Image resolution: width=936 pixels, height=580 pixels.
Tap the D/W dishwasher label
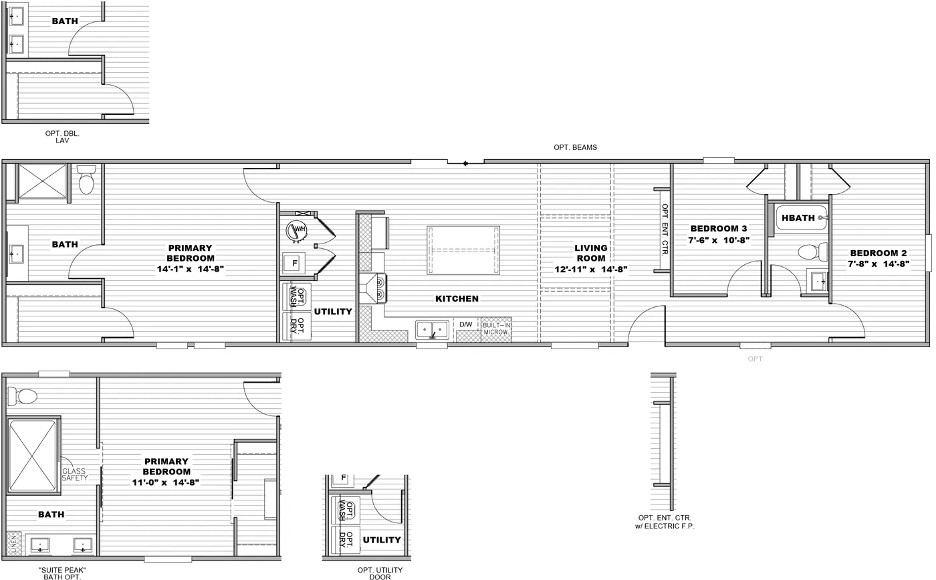pos(465,324)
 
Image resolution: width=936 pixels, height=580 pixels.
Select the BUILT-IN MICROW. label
pos(496,328)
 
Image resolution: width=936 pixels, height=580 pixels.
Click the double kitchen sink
pos(432,329)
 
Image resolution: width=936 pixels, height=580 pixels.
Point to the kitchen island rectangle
pos(463,250)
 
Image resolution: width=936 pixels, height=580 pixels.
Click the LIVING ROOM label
pos(590,253)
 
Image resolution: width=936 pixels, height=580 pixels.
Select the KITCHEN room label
pos(457,298)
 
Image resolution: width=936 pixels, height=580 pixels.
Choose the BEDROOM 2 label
pos(879,253)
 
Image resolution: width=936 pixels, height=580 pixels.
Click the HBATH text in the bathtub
pos(798,217)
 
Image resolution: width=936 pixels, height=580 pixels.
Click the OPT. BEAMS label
pos(575,147)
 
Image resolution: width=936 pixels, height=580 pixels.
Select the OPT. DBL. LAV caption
pos(62,137)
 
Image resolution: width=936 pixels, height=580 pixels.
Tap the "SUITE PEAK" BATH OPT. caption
pos(62,573)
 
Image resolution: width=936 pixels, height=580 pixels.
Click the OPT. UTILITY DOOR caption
pos(380,573)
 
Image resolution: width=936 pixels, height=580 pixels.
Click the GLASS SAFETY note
pos(75,474)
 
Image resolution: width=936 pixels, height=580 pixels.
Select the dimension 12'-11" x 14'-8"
pos(590,270)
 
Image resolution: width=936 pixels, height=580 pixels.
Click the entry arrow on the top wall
pos(465,163)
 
